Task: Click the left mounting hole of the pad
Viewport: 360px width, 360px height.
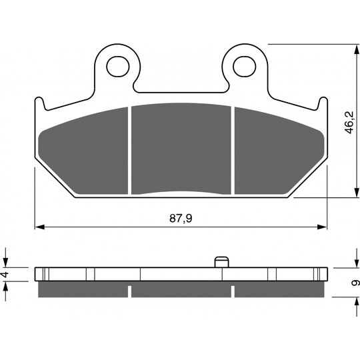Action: [118, 67]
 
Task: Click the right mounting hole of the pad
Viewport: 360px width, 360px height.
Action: [244, 67]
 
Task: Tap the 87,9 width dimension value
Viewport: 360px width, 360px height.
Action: [181, 219]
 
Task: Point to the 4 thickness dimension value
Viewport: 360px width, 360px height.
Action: [5, 274]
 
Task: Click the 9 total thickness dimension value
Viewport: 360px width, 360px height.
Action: [355, 283]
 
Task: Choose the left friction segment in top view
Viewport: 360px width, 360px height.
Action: [83, 151]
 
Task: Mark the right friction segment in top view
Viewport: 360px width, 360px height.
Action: [279, 151]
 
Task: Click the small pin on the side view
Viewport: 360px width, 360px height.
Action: [222, 262]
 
